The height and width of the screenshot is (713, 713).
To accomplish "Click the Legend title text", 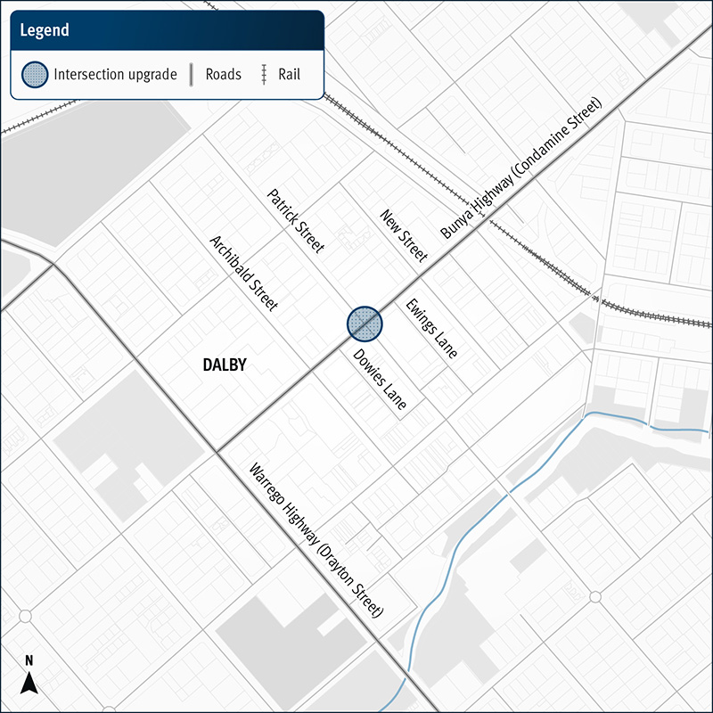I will pos(45,30).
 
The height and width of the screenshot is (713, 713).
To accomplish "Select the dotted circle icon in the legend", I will pos(35,74).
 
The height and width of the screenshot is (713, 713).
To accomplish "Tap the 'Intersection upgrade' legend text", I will pos(114,74).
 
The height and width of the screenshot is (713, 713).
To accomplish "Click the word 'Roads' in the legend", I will pos(223,74).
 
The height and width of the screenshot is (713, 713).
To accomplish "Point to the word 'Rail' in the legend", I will pos(287,74).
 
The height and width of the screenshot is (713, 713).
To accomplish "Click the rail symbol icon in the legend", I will pos(264,74).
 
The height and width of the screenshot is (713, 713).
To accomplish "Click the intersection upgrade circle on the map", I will pos(365,324).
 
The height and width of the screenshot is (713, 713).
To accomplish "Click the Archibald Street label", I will pos(243,273).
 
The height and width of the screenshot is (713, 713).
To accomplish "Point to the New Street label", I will pos(404,235).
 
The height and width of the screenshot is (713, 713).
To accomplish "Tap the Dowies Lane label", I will pos(380,379).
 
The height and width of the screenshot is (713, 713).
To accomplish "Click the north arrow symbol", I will pos(29,683).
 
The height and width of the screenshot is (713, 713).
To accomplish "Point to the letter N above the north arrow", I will pos(29,661).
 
